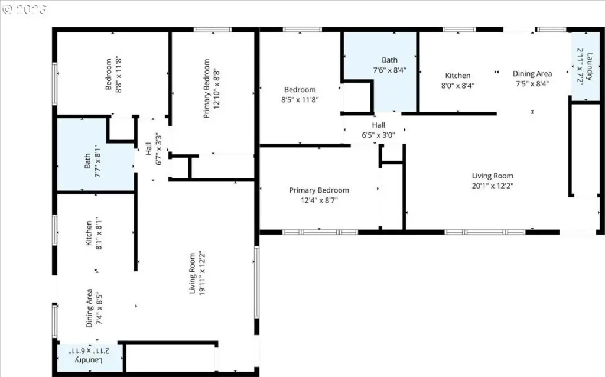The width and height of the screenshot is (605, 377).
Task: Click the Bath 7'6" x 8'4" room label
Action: pos(389,65)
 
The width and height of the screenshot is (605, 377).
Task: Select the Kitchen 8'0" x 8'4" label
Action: pos(458,80)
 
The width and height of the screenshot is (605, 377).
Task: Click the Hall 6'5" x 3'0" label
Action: pos(378,130)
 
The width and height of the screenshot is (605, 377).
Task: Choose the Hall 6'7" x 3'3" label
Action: pos(154,149)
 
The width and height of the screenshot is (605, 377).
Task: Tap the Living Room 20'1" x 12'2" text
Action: pos(492,181)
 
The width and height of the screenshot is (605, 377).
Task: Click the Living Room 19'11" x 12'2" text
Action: pos(197,274)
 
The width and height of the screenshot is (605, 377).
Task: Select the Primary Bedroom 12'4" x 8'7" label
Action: pos(318,195)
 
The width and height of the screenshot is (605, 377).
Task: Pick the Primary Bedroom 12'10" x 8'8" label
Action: pos(212,89)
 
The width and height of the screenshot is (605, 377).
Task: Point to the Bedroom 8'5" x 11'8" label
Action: pos(300,95)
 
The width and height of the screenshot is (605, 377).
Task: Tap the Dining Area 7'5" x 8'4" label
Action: pos(532,79)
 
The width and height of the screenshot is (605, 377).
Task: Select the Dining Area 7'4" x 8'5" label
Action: pos(94,308)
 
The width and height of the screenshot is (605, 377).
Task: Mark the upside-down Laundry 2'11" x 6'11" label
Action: pos(89,355)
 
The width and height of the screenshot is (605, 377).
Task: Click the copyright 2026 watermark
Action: pos(24,9)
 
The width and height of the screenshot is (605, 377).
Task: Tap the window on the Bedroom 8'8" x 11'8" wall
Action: pos(54,84)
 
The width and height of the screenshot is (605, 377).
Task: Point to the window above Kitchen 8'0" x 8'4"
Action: pos(458,30)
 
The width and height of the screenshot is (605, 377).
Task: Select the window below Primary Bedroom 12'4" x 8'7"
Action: pos(320,232)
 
